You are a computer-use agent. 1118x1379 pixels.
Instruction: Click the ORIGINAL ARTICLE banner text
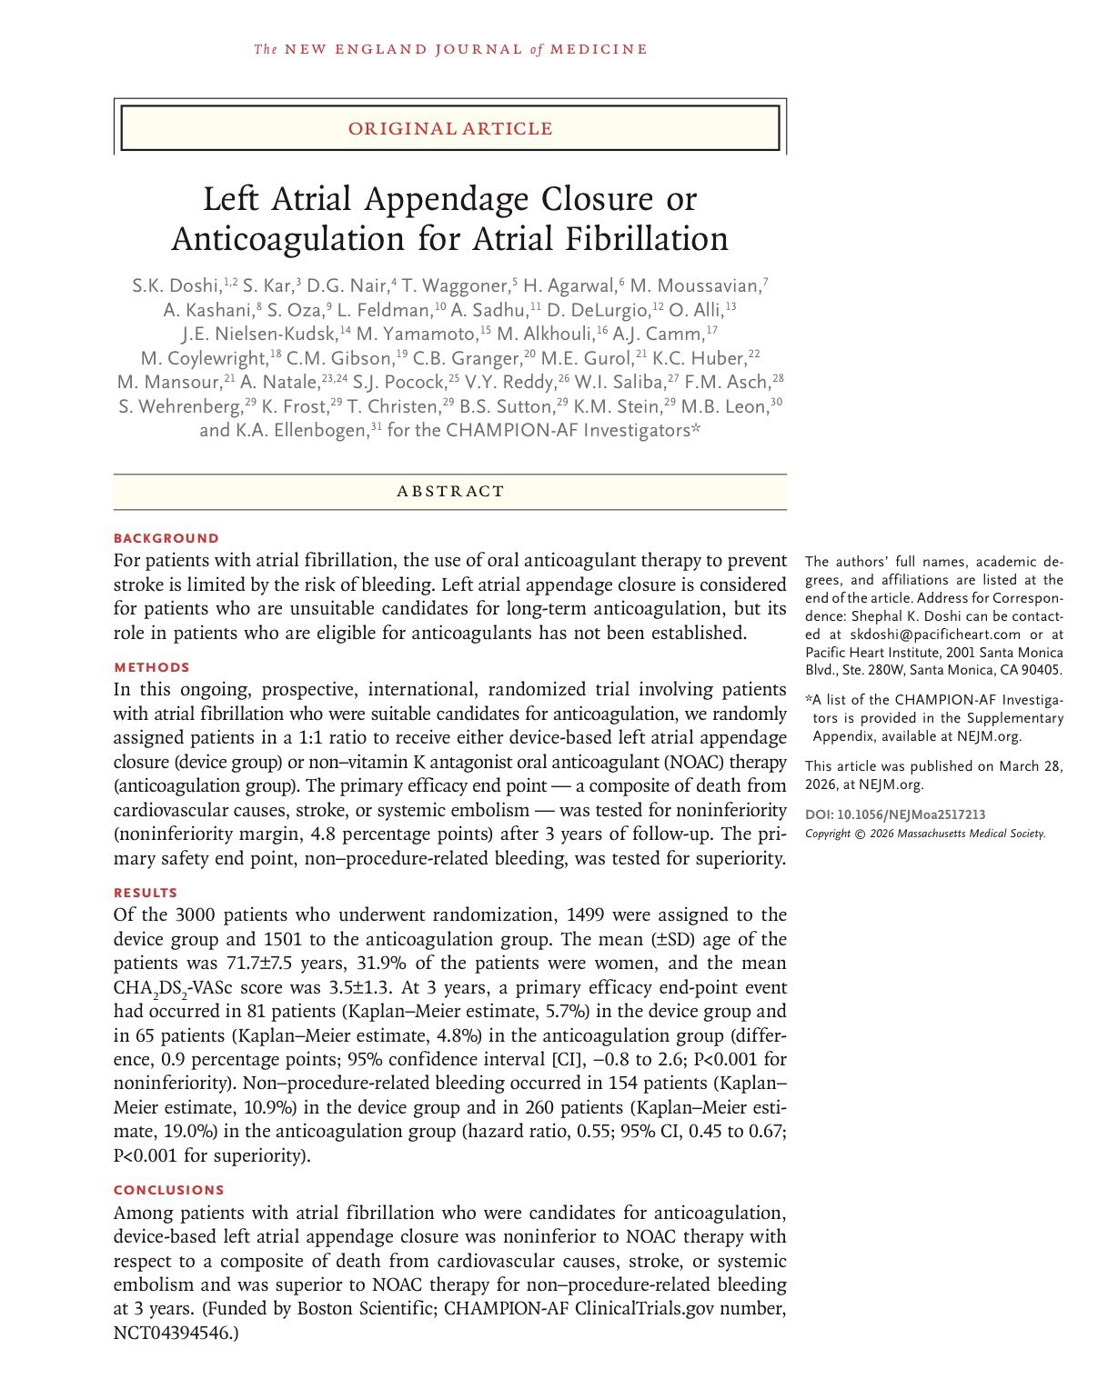tap(450, 128)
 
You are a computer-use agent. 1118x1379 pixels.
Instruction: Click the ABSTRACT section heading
tap(450, 492)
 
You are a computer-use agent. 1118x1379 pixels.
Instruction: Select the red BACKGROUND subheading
tap(166, 538)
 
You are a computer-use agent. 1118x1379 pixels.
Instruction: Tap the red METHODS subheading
tap(152, 667)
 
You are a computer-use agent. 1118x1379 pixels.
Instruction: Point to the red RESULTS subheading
tap(146, 893)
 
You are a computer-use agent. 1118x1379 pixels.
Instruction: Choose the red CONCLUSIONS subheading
tap(169, 1190)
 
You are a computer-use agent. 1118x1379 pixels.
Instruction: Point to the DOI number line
tap(895, 814)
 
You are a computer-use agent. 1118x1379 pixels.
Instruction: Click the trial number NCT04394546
tap(173, 1333)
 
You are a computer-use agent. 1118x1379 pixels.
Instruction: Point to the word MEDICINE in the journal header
tap(598, 49)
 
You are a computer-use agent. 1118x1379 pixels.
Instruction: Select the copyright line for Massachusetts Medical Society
tap(925, 834)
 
